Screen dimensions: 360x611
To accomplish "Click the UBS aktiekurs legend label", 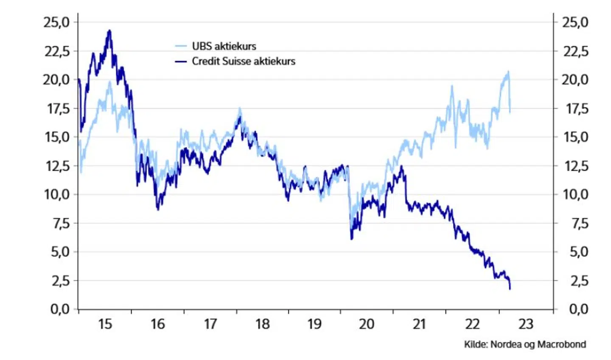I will click(224, 46).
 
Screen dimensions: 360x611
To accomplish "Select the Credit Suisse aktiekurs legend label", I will click(243, 61).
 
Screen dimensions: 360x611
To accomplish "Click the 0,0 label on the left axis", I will click(60, 309).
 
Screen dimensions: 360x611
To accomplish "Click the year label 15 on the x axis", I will click(105, 324).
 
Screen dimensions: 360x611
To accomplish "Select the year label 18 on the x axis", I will click(262, 324).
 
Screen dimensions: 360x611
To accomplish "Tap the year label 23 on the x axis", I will click(525, 324).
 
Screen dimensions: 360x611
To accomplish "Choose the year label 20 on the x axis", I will click(367, 324).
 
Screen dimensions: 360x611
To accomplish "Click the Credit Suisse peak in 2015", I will click(109, 31).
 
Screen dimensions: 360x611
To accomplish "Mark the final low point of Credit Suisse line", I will click(510, 289).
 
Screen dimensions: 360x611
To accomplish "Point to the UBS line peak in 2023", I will click(508, 72).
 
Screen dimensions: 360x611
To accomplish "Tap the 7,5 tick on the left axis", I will click(60, 223).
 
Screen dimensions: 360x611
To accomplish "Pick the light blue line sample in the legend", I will click(181, 46).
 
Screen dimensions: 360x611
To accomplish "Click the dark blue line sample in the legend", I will click(181, 61).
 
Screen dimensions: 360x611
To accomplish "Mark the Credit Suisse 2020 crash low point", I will click(352, 239).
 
